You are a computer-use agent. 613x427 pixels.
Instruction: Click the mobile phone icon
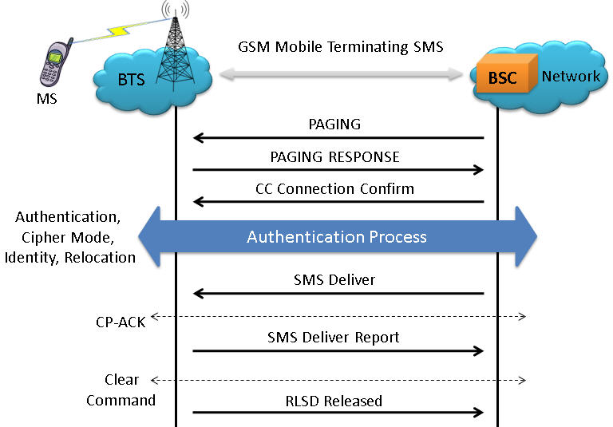[x=57, y=62]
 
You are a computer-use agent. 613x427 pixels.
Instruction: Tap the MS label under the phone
[x=47, y=98]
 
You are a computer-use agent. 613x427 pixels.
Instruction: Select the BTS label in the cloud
[x=132, y=79]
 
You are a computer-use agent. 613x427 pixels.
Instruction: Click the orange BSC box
[x=507, y=73]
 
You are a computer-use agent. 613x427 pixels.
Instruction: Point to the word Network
[x=571, y=77]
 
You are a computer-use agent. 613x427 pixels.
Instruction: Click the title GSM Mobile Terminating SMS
[x=341, y=47]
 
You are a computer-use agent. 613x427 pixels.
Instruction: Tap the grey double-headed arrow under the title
[x=341, y=73]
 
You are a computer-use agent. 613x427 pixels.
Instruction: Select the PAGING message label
[x=334, y=125]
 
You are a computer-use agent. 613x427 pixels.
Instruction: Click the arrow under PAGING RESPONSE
[x=338, y=170]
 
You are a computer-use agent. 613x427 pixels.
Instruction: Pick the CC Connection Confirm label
[x=334, y=189]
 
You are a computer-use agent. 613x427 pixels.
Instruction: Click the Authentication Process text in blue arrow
[x=337, y=237]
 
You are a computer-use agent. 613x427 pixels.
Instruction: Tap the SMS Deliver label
[x=334, y=280]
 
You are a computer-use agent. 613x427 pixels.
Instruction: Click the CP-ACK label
[x=121, y=322]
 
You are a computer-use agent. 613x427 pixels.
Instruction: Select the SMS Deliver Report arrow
[x=338, y=350]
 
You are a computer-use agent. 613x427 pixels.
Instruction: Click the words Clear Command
[x=121, y=389]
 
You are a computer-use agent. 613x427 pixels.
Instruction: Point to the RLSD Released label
[x=334, y=401]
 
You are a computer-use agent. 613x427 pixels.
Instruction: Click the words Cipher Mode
[x=68, y=238]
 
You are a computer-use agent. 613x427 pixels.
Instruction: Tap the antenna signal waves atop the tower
[x=176, y=9]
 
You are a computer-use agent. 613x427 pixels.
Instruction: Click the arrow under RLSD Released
[x=338, y=412]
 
